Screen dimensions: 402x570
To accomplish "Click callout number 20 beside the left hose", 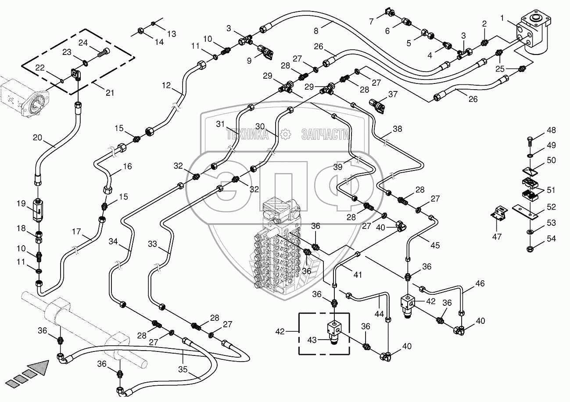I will tap(38, 138).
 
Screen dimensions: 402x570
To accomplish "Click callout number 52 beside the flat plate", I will tap(551, 207).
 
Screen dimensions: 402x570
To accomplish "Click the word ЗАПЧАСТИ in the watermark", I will tap(326, 135).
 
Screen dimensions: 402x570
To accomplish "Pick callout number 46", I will tap(480, 283).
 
